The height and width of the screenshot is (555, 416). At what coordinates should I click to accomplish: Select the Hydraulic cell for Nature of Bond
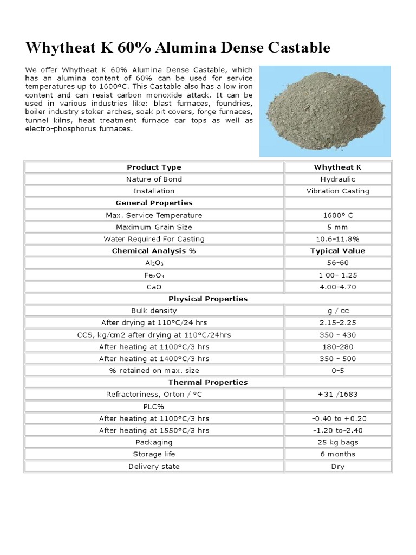point(337,179)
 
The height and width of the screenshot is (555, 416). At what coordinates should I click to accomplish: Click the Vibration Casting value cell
point(337,191)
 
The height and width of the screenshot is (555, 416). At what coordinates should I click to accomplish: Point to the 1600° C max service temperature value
point(337,215)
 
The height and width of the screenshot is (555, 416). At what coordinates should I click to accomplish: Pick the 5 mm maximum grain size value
point(337,227)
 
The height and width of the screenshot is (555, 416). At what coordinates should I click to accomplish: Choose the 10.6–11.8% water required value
point(337,239)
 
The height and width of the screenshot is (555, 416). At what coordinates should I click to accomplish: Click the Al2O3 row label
point(154,263)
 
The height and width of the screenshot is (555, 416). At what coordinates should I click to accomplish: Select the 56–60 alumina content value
point(337,263)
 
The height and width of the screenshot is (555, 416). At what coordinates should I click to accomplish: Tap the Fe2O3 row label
point(154,275)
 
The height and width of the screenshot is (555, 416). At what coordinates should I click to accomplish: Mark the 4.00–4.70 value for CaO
point(337,287)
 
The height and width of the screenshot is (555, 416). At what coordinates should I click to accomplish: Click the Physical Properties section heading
point(208,299)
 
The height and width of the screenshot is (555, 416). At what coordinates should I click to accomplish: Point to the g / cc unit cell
point(337,311)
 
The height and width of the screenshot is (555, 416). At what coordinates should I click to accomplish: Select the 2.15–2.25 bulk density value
point(337,322)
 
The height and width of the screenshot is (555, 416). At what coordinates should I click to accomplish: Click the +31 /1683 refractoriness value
point(337,395)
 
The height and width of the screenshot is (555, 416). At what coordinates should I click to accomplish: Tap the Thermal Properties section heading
point(208,383)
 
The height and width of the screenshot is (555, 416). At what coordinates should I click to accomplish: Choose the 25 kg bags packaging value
point(337,442)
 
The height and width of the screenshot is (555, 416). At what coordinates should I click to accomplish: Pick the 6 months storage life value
point(337,454)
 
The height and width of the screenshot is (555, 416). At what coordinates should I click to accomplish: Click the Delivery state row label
point(154,466)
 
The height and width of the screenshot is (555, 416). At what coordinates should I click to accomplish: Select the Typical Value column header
point(337,251)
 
